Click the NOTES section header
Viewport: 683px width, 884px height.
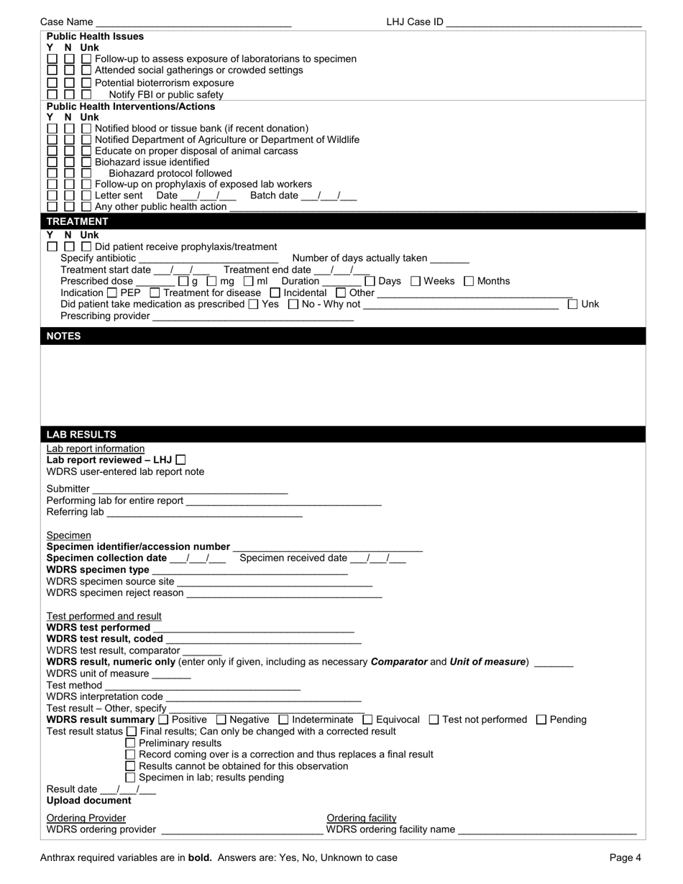pyautogui.click(x=64, y=336)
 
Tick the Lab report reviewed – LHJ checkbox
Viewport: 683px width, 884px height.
pyautogui.click(x=180, y=460)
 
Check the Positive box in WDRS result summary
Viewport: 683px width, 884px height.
pyautogui.click(x=163, y=719)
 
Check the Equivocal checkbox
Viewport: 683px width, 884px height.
pyautogui.click(x=367, y=719)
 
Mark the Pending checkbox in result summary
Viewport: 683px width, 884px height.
pyautogui.click(x=542, y=719)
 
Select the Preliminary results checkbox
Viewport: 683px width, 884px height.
pyautogui.click(x=131, y=743)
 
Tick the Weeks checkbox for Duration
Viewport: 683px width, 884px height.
pyautogui.click(x=416, y=281)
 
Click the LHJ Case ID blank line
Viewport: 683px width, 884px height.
pyautogui.click(x=544, y=23)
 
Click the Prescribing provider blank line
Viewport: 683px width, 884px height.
pyautogui.click(x=253, y=317)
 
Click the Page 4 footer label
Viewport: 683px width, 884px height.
pyautogui.click(x=625, y=857)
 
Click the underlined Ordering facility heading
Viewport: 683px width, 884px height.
pyautogui.click(x=362, y=818)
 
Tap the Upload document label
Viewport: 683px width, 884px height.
pyautogui.click(x=89, y=801)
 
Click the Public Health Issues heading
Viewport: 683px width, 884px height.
pyautogui.click(x=95, y=37)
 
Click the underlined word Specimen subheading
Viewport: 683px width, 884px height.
pyautogui.click(x=69, y=535)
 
